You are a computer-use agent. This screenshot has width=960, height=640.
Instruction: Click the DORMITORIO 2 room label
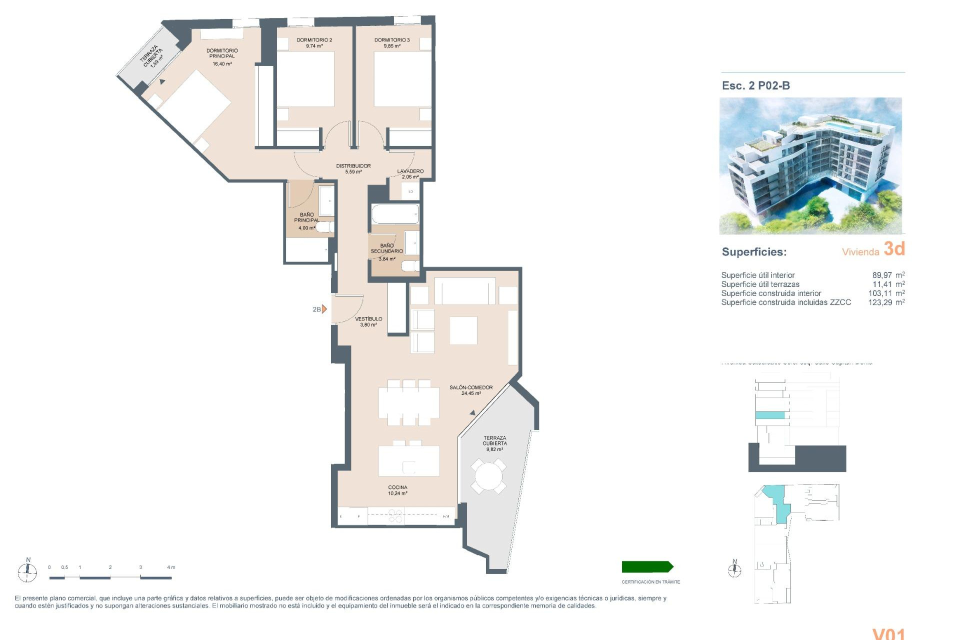314,40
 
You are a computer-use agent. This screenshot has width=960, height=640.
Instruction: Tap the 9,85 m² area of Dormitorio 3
391,46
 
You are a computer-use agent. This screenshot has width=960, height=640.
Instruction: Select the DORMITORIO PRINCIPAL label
222,53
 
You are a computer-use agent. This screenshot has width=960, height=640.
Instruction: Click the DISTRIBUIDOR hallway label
353,166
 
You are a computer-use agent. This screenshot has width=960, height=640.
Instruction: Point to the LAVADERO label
410,171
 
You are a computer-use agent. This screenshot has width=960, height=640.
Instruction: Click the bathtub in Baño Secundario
395,214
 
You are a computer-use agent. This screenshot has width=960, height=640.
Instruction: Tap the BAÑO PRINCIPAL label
306,217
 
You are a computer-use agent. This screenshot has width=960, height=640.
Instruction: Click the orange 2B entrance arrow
324,309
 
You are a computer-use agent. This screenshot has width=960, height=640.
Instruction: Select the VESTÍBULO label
368,319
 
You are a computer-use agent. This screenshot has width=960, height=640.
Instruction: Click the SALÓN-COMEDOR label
470,387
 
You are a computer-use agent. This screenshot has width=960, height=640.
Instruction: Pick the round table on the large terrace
488,476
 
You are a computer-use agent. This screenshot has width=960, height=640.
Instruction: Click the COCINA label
397,487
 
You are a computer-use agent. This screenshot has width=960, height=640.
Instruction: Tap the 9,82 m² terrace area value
494,449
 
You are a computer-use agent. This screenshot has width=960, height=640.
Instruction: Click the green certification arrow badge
647,566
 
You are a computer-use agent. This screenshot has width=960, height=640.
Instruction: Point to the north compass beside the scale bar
27,570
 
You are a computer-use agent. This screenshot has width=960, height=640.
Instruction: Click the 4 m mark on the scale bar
171,567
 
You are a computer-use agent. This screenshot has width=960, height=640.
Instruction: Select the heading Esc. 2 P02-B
755,85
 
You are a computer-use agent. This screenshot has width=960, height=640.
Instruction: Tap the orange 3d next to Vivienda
894,248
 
